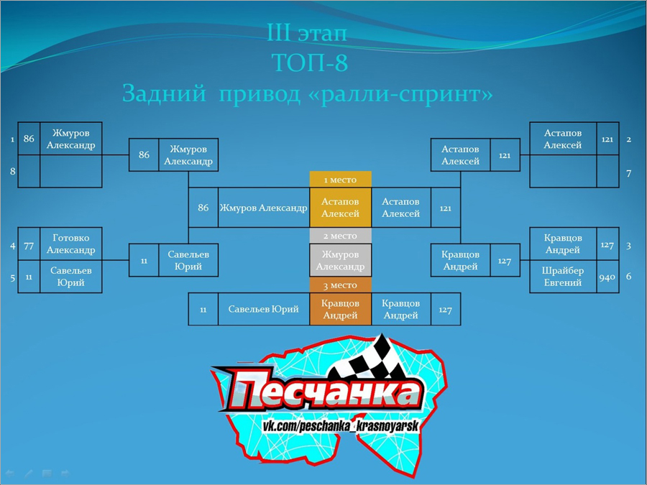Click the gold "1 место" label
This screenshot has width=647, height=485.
(x=341, y=180)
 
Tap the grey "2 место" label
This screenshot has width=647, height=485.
(x=341, y=236)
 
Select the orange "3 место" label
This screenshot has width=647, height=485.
(x=341, y=285)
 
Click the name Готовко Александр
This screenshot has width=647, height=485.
(x=71, y=244)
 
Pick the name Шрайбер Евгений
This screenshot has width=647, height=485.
(x=563, y=277)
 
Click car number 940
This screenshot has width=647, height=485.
(x=607, y=277)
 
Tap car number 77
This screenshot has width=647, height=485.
(x=29, y=246)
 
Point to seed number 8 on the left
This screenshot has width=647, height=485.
(x=13, y=171)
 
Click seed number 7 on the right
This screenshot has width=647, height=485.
(x=628, y=174)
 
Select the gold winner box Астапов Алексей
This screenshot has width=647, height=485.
(x=341, y=208)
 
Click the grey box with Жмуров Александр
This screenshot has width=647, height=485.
(x=341, y=260)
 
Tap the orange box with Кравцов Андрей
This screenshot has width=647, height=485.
(x=341, y=309)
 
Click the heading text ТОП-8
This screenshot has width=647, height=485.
(x=310, y=63)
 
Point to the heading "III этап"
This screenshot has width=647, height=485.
(x=308, y=32)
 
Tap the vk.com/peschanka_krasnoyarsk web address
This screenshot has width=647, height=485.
(x=341, y=426)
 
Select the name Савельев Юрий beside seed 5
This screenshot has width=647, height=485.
(x=71, y=277)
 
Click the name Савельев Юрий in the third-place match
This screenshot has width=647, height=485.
(x=263, y=309)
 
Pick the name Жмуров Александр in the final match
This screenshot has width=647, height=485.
(x=263, y=208)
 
